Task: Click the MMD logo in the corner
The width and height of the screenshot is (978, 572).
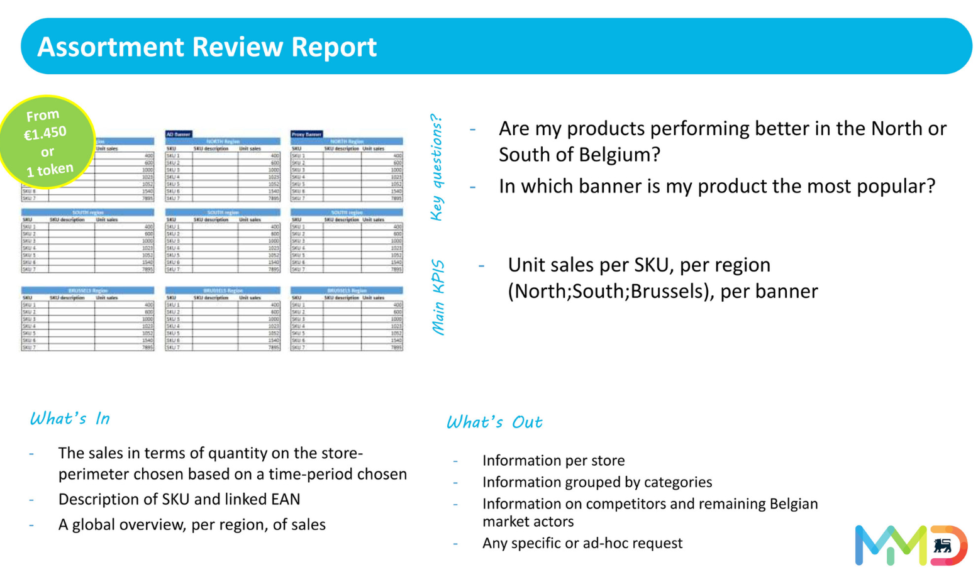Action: click(910, 545)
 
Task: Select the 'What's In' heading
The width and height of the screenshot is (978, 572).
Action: click(70, 419)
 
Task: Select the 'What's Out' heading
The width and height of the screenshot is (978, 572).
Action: click(494, 422)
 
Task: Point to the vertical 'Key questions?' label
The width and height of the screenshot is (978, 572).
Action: click(436, 167)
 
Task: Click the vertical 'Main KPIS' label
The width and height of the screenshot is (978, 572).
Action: click(438, 297)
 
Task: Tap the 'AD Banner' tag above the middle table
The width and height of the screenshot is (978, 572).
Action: click(178, 135)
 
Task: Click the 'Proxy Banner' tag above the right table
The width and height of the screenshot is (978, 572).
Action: click(306, 135)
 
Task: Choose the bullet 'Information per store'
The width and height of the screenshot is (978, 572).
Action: click(553, 461)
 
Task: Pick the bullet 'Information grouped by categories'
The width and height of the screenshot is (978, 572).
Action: click(597, 482)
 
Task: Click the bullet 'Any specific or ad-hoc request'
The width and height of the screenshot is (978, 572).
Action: click(582, 543)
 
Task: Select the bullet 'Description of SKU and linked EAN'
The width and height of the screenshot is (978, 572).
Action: click(179, 499)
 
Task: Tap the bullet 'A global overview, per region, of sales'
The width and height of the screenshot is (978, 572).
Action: click(192, 525)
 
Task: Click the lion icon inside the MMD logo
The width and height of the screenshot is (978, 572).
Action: click(942, 545)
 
